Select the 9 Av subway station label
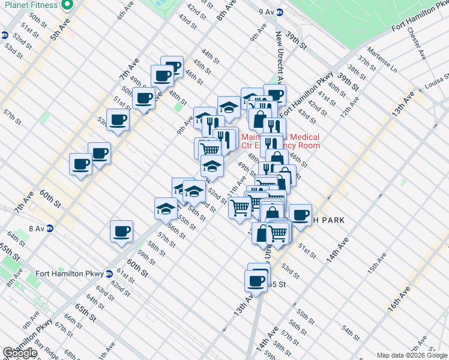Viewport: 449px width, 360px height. [266, 11]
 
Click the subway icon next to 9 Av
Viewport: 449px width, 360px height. [280, 11]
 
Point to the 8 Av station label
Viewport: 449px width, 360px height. [37, 228]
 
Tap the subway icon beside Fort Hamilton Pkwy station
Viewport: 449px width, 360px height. [109, 274]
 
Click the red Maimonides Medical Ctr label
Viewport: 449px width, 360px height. [280, 141]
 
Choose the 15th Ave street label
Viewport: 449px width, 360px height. [376, 263]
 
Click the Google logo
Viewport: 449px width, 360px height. [20, 353]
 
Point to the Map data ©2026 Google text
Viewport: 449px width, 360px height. [412, 355]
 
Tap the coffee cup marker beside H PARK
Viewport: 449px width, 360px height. [300, 214]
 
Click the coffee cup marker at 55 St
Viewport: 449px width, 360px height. [256, 281]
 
